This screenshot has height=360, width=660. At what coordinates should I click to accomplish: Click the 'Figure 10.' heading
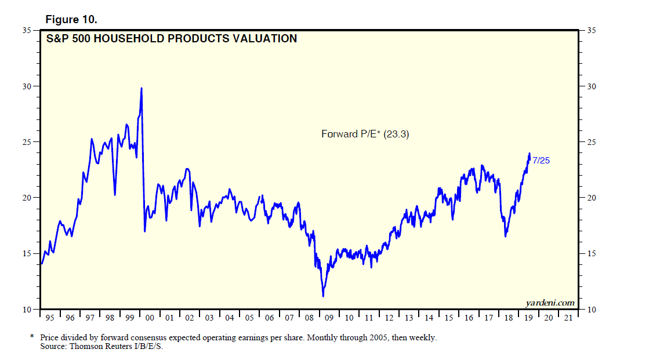click(x=71, y=20)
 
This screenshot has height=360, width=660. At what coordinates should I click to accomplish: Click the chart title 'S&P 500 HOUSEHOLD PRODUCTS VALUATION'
click(x=172, y=39)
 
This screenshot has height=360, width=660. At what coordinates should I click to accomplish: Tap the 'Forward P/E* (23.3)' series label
click(x=366, y=134)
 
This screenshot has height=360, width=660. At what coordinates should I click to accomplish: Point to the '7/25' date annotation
click(x=541, y=161)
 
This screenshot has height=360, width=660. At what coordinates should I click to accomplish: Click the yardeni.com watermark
click(x=550, y=303)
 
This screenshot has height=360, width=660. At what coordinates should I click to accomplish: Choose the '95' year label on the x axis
click(x=50, y=318)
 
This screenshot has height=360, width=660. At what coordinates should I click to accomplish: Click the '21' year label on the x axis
click(x=569, y=318)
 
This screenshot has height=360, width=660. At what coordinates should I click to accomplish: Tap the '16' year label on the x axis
click(x=469, y=318)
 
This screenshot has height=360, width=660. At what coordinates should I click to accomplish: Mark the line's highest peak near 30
click(x=142, y=88)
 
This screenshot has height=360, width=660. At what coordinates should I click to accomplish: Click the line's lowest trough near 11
click(x=323, y=296)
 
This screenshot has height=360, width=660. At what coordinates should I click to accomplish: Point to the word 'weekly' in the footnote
click(x=423, y=337)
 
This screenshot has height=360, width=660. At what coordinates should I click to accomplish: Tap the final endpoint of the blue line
click(x=530, y=160)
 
